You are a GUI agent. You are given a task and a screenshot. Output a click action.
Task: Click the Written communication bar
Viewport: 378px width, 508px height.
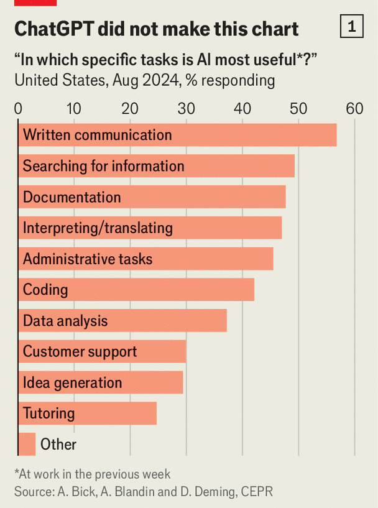pyautogui.click(x=177, y=135)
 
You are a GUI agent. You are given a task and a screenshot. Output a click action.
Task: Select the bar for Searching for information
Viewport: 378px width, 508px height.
pyautogui.click(x=156, y=166)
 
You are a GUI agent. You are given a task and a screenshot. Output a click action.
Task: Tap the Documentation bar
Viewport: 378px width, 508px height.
pyautogui.click(x=152, y=197)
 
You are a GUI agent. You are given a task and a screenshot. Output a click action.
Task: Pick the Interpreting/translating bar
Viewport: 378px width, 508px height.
pyautogui.click(x=150, y=228)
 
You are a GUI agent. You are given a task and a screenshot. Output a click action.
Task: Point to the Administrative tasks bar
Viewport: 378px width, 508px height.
pyautogui.click(x=145, y=259)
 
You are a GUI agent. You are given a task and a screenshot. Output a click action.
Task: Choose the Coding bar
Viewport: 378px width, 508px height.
pyautogui.click(x=136, y=290)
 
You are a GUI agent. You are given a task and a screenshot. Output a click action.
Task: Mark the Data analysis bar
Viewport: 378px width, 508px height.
pyautogui.click(x=122, y=321)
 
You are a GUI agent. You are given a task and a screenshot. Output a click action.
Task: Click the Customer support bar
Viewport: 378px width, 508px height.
pyautogui.click(x=102, y=351)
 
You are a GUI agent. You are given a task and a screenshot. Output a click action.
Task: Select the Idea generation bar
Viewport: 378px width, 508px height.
pyautogui.click(x=100, y=382)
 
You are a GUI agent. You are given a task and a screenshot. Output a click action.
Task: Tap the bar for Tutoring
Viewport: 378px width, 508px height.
pyautogui.click(x=87, y=413)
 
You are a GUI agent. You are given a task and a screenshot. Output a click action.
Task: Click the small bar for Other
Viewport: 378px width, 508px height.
pyautogui.click(x=27, y=444)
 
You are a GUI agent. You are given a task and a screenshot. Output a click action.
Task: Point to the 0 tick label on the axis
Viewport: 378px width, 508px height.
pyautogui.click(x=19, y=108)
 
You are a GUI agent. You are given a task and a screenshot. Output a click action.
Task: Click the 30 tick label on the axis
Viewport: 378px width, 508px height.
pyautogui.click(x=186, y=108)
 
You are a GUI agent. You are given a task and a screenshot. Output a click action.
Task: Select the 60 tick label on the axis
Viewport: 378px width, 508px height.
pyautogui.click(x=354, y=108)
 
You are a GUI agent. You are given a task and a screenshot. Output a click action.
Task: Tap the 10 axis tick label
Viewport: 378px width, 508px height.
pyautogui.click(x=74, y=108)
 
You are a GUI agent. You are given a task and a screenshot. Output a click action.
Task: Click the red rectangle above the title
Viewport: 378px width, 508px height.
pyautogui.click(x=35, y=2)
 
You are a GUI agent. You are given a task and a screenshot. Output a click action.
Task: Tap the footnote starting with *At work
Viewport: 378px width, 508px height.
pyautogui.click(x=92, y=474)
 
